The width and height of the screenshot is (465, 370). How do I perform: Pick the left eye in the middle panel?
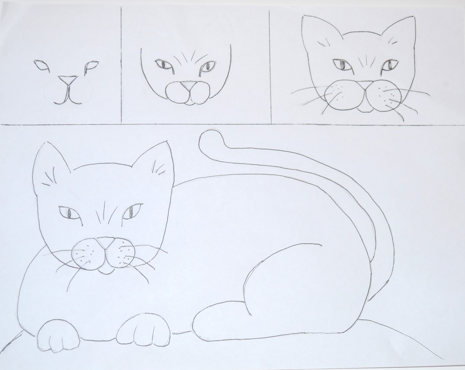[162, 64]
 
